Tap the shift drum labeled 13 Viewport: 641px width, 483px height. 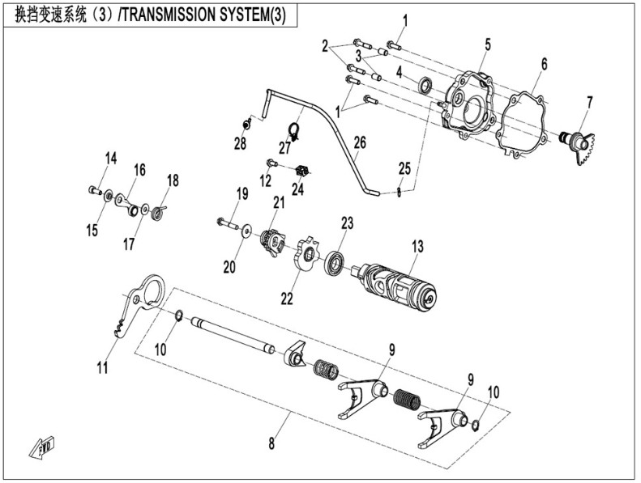pos(397,283)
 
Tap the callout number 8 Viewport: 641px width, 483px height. pos(271,443)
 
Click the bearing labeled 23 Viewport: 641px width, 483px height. pos(334,263)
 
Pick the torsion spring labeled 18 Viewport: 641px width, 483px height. pos(160,211)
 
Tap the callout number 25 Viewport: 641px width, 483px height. pos(404,170)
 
